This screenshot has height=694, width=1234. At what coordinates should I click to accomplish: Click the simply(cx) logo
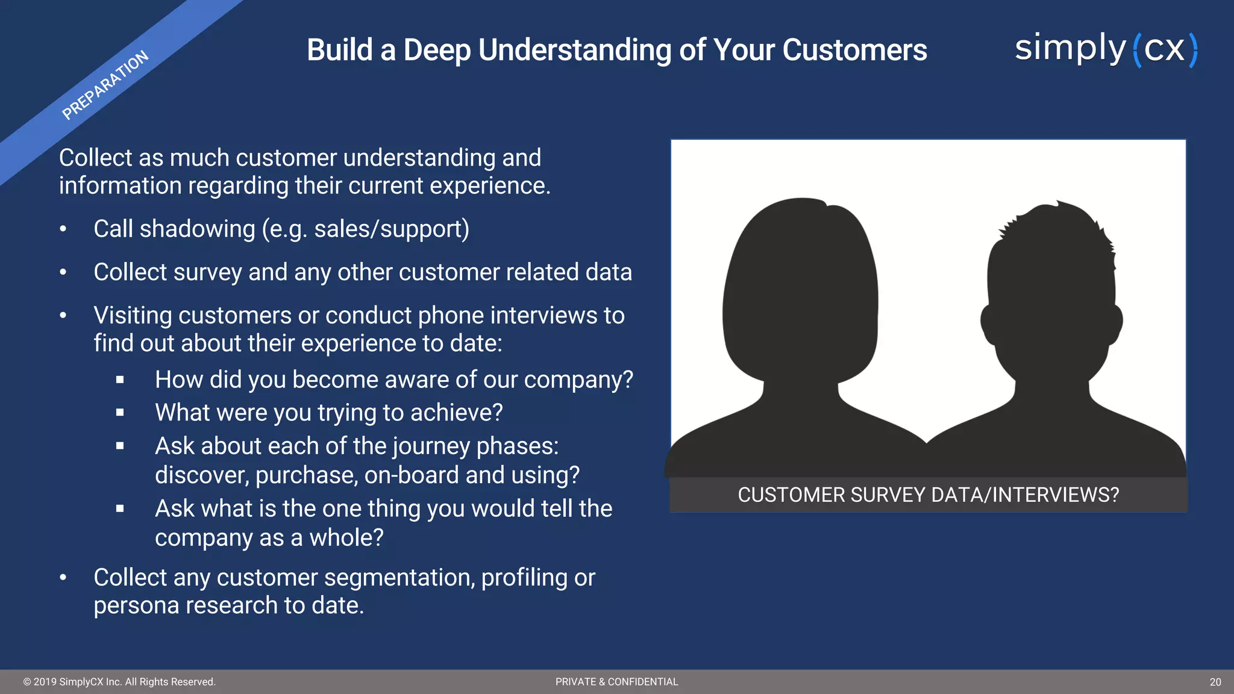pyautogui.click(x=1106, y=49)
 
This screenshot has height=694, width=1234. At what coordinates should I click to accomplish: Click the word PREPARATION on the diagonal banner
pyautogui.click(x=105, y=85)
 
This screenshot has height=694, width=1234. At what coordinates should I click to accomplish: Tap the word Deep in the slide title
pyautogui.click(x=437, y=50)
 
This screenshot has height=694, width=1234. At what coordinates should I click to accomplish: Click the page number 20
pyautogui.click(x=1215, y=682)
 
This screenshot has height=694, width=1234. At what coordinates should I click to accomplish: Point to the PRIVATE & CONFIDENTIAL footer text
pyautogui.click(x=616, y=682)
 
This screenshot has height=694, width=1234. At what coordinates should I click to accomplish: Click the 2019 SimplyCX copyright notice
pyautogui.click(x=119, y=682)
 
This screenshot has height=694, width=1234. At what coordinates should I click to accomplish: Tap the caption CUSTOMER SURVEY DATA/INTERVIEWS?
pyautogui.click(x=928, y=495)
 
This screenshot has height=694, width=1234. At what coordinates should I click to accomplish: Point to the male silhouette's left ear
pyautogui.click(x=988, y=322)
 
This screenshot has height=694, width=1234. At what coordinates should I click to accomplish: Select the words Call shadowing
pyautogui.click(x=174, y=229)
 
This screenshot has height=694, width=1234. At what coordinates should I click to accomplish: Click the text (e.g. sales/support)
pyautogui.click(x=365, y=229)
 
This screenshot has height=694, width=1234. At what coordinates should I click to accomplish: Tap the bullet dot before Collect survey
pyautogui.click(x=63, y=272)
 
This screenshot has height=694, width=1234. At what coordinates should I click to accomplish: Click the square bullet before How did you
pyautogui.click(x=120, y=380)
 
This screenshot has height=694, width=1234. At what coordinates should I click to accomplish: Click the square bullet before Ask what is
pyautogui.click(x=120, y=509)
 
